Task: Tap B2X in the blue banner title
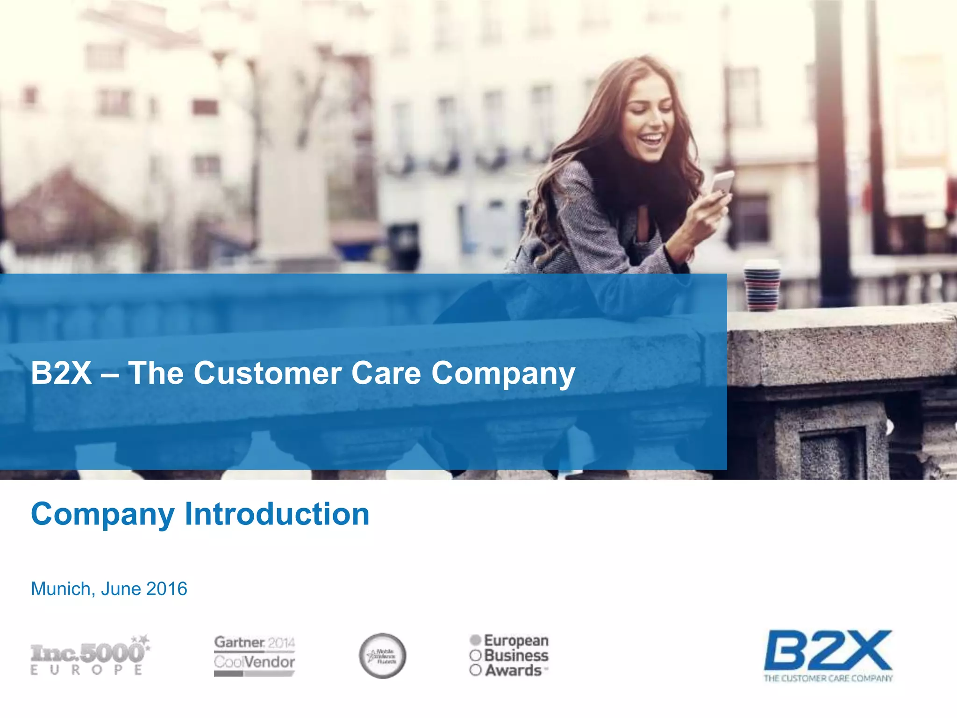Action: click(61, 373)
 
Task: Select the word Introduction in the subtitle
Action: click(277, 514)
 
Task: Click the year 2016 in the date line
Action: click(167, 589)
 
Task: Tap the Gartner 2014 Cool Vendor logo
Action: click(254, 655)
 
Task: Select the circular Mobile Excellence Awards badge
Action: click(383, 655)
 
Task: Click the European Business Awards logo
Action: click(509, 655)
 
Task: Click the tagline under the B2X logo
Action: click(828, 678)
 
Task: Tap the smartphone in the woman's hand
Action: click(722, 182)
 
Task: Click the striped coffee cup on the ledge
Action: click(762, 286)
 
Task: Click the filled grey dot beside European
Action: click(476, 639)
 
